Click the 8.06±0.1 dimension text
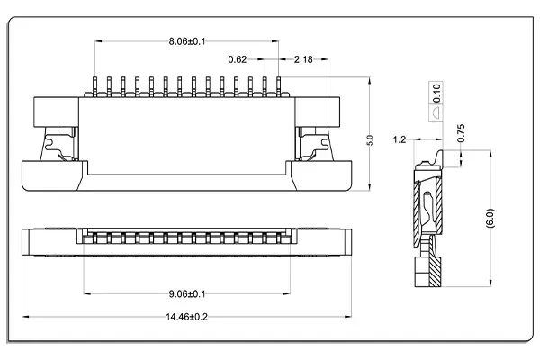[187, 41]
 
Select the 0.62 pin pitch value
[238, 59]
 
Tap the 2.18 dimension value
[302, 59]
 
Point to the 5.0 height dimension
[368, 141]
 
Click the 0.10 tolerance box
[436, 91]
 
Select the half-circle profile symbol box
[436, 113]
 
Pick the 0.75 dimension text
[461, 131]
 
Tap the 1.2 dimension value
[400, 139]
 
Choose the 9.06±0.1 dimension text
[187, 293]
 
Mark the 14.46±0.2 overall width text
[187, 318]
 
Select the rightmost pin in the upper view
[278, 85]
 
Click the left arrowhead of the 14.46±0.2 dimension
[25, 317]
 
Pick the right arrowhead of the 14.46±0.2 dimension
[348, 317]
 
